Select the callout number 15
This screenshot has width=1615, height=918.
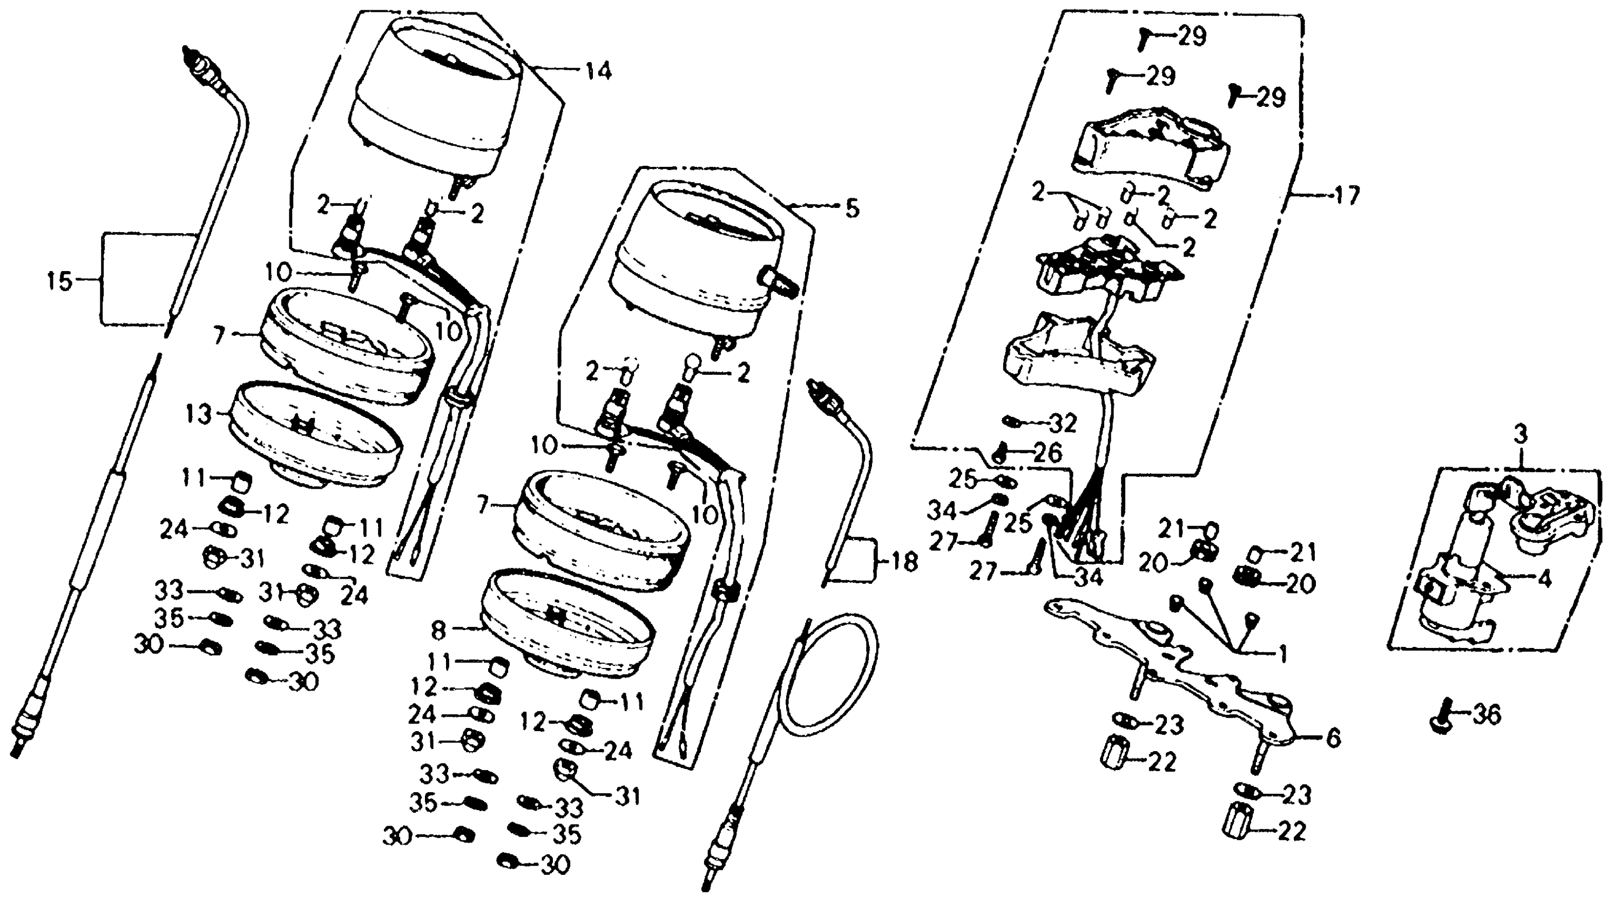coord(60,281)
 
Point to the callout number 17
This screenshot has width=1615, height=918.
coord(1347,197)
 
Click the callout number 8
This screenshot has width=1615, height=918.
coord(439,629)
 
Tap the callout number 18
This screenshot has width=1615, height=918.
coord(904,561)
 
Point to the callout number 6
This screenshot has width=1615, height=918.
coord(1333,738)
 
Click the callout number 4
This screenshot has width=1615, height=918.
coord(1544,578)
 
